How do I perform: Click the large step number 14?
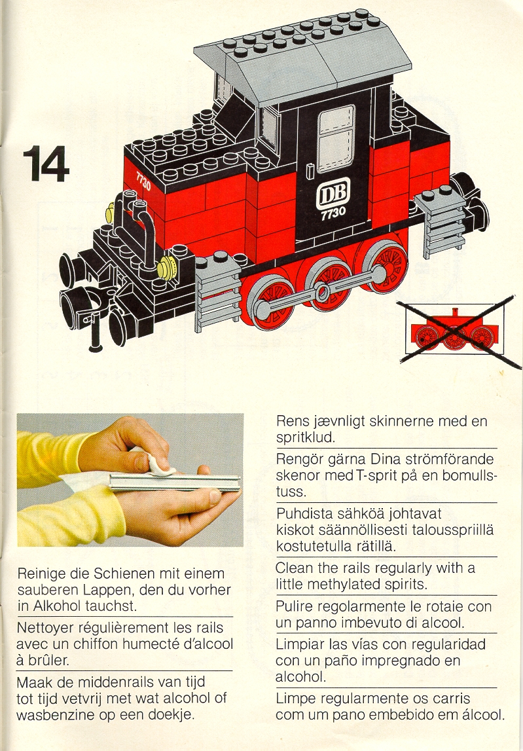[46, 164]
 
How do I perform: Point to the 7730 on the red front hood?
[143, 181]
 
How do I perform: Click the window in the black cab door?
[336, 138]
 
